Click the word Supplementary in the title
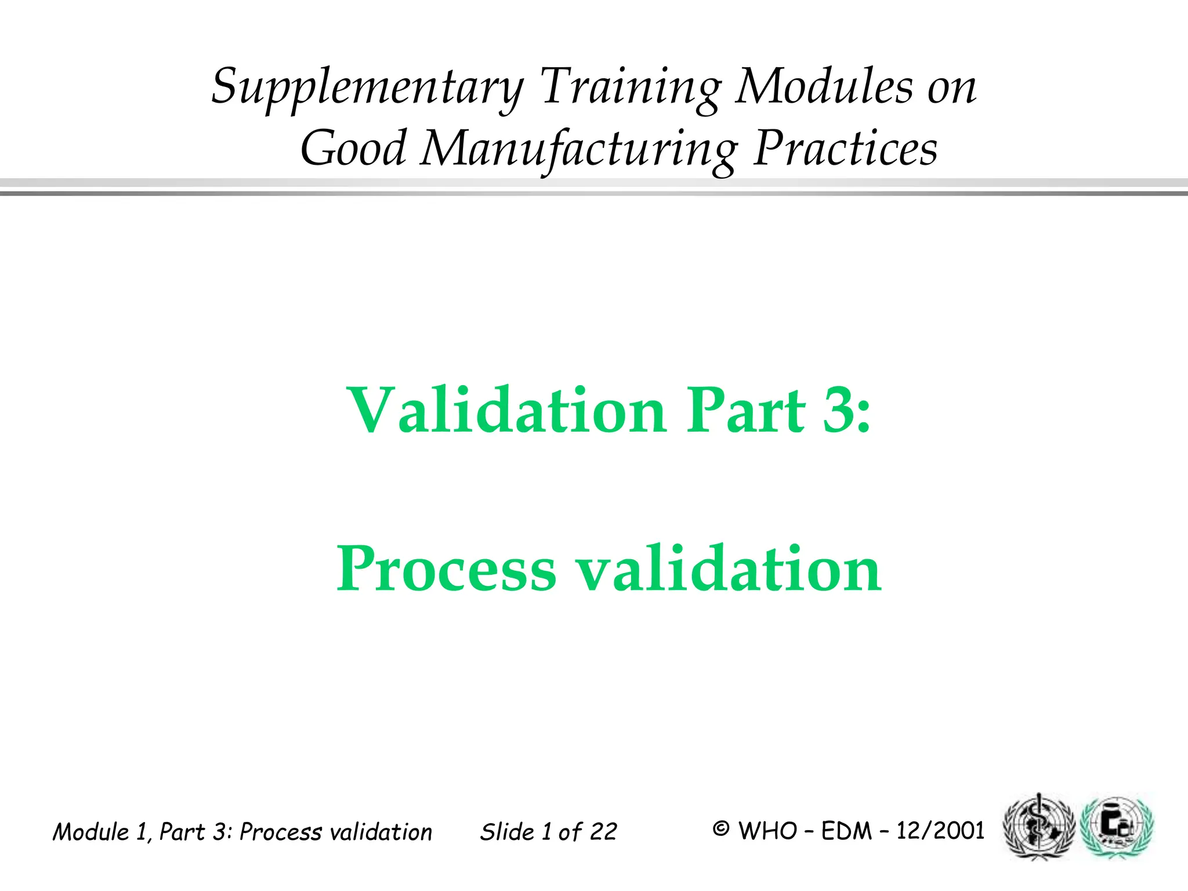367,87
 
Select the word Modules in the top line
824,87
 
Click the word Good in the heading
353,148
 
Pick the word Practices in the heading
845,148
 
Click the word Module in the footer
91,832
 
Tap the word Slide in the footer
507,832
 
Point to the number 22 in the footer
603,832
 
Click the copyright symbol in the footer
720,830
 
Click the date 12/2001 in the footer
940,831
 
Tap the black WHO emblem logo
1038,827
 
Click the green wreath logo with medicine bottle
1117,827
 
